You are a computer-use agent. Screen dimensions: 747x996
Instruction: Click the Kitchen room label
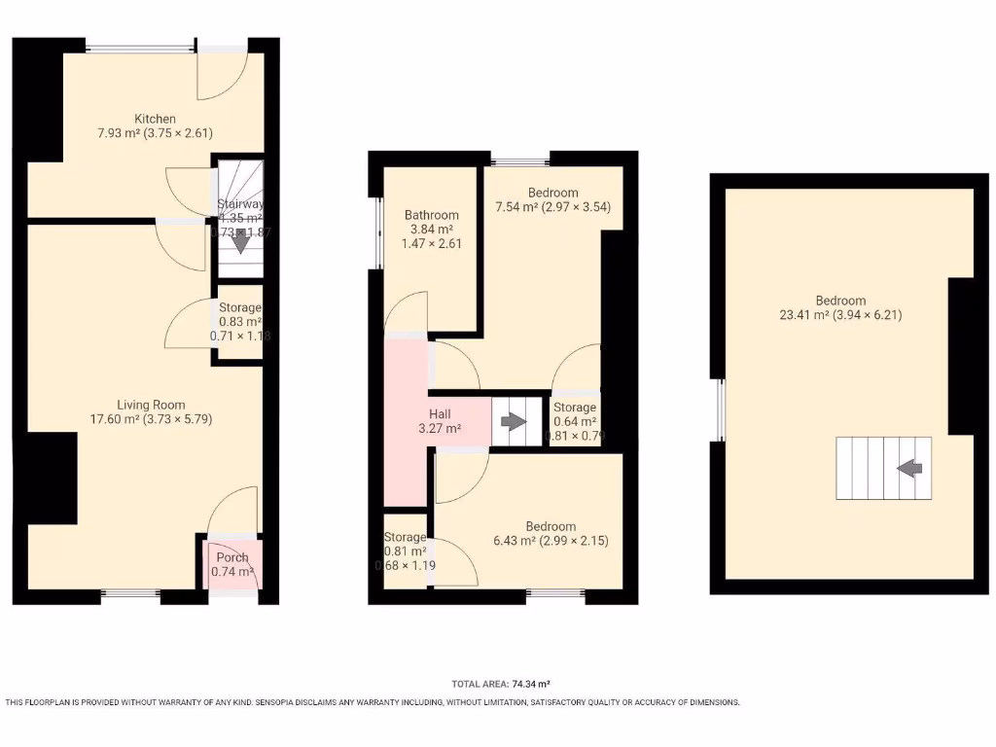[x=156, y=119]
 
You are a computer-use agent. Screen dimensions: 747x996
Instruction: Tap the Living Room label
[x=151, y=405]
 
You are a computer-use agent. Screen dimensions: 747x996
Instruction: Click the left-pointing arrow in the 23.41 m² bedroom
[x=909, y=469]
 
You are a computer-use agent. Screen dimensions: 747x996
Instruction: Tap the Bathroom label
[x=431, y=215]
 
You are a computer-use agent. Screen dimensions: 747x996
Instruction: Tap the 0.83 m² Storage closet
[x=239, y=322]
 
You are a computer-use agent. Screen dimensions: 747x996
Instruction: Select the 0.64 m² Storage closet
[x=575, y=421]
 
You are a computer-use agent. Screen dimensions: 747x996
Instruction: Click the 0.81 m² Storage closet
[x=404, y=551]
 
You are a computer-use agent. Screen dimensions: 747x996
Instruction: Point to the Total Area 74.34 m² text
[x=502, y=684]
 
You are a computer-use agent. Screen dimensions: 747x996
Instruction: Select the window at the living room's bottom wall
[x=131, y=592]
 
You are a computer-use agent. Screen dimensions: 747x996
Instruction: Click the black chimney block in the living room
[x=51, y=478]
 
